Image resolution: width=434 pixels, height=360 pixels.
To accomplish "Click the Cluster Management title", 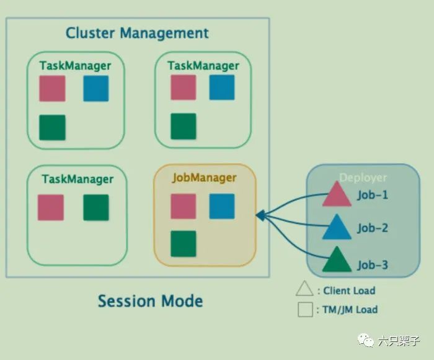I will pyautogui.click(x=137, y=33).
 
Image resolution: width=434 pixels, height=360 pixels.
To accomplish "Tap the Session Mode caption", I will pyautogui.click(x=150, y=302).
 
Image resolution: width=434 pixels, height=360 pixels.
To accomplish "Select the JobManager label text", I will pyautogui.click(x=203, y=178).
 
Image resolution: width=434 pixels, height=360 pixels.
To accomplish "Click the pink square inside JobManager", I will pyautogui.click(x=183, y=206).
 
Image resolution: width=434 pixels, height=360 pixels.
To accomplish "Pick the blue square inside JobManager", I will pyautogui.click(x=221, y=206).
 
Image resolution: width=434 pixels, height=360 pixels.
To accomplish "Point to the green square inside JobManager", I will pyautogui.click(x=183, y=243).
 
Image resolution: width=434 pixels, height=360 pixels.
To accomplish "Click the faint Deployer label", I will pyautogui.click(x=363, y=178).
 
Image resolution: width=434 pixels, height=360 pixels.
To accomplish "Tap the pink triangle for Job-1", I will pyautogui.click(x=337, y=194).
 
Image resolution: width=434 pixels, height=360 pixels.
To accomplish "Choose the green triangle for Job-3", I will pyautogui.click(x=337, y=261).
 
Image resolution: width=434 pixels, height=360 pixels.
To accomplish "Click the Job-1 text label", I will pyautogui.click(x=373, y=195).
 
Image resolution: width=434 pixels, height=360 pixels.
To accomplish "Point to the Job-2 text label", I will pyautogui.click(x=373, y=228).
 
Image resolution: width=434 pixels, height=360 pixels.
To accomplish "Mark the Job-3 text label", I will pyautogui.click(x=373, y=266).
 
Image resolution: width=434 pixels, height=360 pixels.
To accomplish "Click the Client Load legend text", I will pyautogui.click(x=348, y=290).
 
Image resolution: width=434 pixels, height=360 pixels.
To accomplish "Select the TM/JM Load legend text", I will pyautogui.click(x=350, y=309).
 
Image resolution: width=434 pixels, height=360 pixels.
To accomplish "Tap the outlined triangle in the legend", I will pyautogui.click(x=304, y=289).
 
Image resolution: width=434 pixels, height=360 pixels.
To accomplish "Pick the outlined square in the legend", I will pyautogui.click(x=304, y=309).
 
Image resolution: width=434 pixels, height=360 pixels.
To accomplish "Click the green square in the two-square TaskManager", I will pyautogui.click(x=96, y=207).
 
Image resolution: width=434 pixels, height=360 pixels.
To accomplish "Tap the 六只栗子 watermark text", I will pyautogui.click(x=399, y=341).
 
